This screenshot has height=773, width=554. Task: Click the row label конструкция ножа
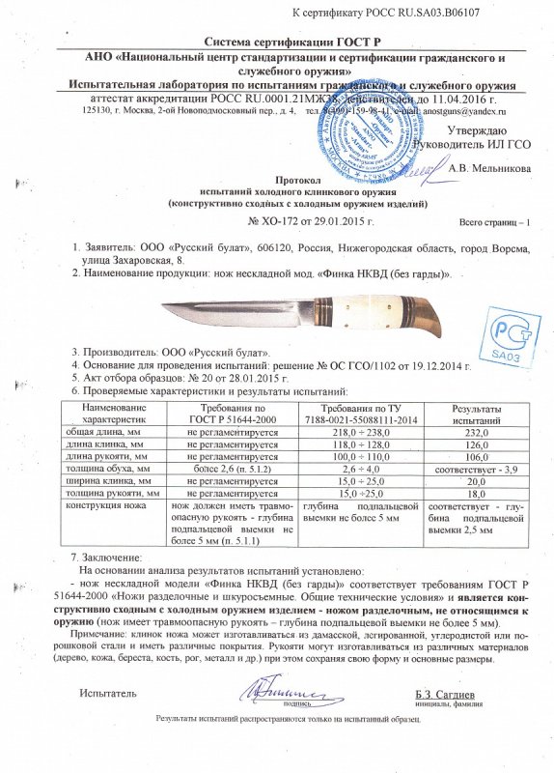tap(104, 504)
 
